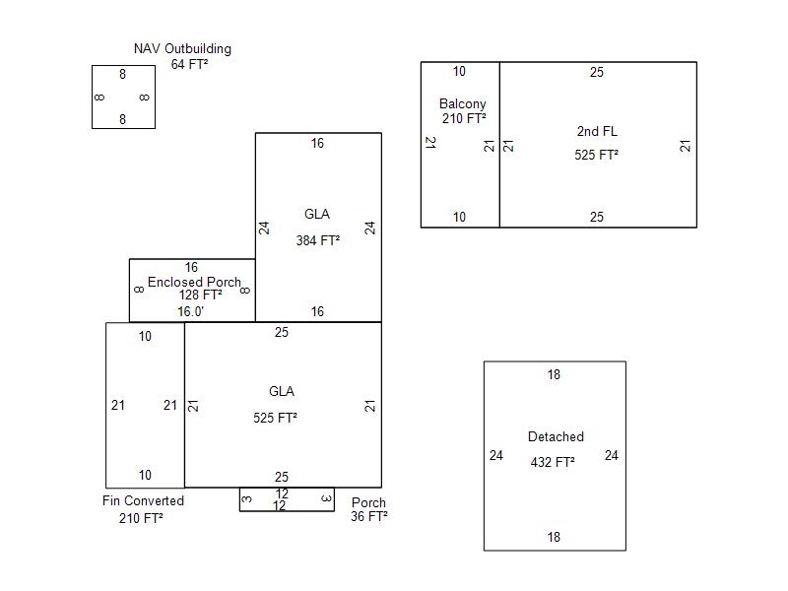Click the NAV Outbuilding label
click(182, 48)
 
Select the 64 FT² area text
click(189, 64)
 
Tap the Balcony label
click(462, 103)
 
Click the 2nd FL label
click(597, 131)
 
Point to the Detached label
click(556, 436)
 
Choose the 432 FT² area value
click(553, 462)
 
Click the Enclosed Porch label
click(194, 282)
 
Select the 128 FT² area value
click(200, 295)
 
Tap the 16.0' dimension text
click(191, 311)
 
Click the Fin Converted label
click(143, 500)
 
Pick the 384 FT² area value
click(317, 239)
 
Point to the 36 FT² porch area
click(368, 516)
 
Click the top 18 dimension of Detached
click(554, 374)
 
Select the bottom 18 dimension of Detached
click(554, 537)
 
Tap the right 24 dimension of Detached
click(611, 455)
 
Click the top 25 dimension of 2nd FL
click(596, 72)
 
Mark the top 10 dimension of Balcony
click(459, 71)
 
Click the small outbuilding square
click(123, 97)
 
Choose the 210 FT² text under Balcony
click(464, 118)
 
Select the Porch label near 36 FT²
click(368, 502)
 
